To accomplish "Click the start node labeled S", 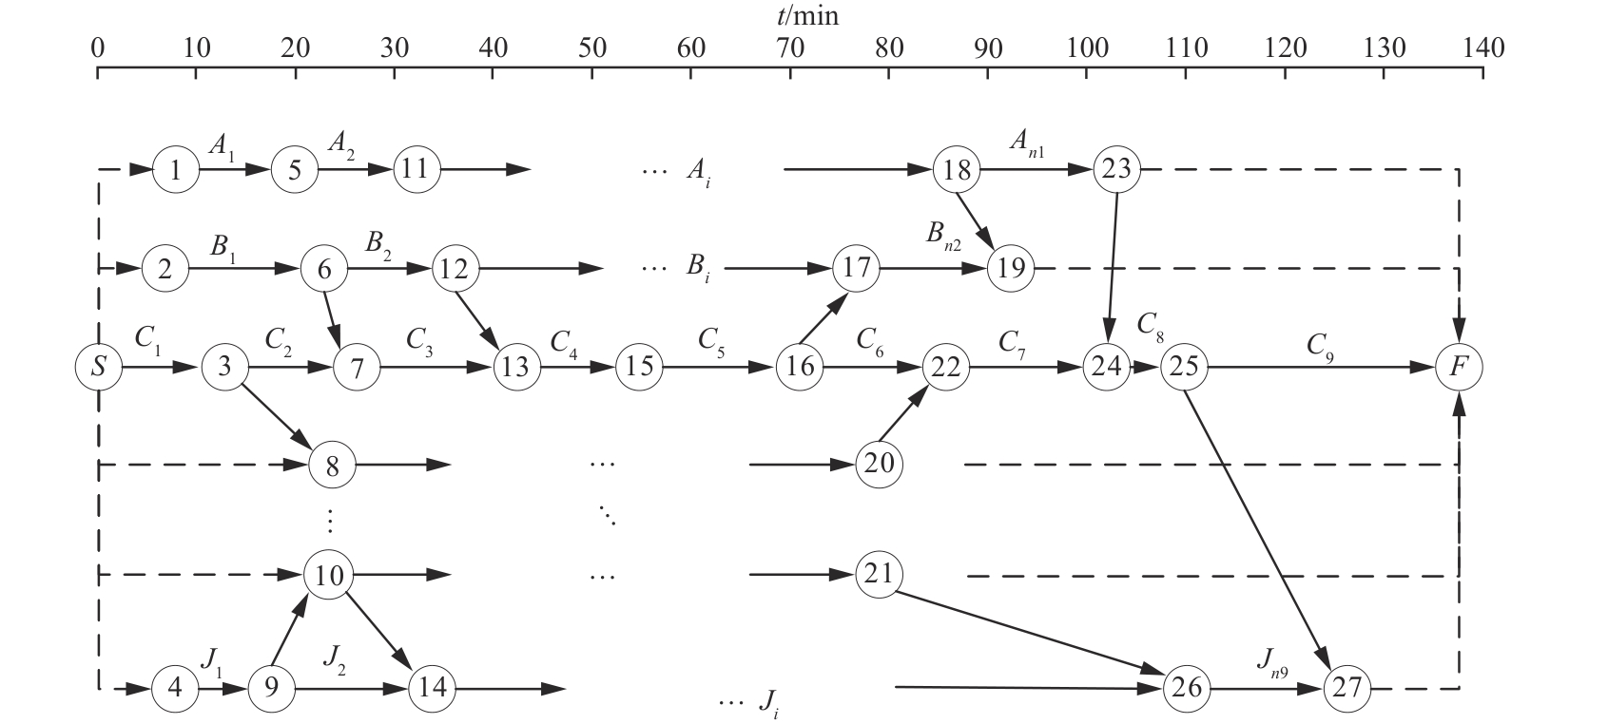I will pos(99,367).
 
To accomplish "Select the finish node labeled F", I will pos(1459,367).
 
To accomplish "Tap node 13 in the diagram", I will pos(514,367).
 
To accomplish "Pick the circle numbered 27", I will pos(1347,687).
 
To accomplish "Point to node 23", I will pos(1117,170).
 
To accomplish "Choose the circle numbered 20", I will pos(879,465).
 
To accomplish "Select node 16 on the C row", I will pos(800,367).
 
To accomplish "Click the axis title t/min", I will pos(807,16).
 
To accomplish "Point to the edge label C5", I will pos(712,339).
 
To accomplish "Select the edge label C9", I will pos(1319,343).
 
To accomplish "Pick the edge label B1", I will pos(224,246).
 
